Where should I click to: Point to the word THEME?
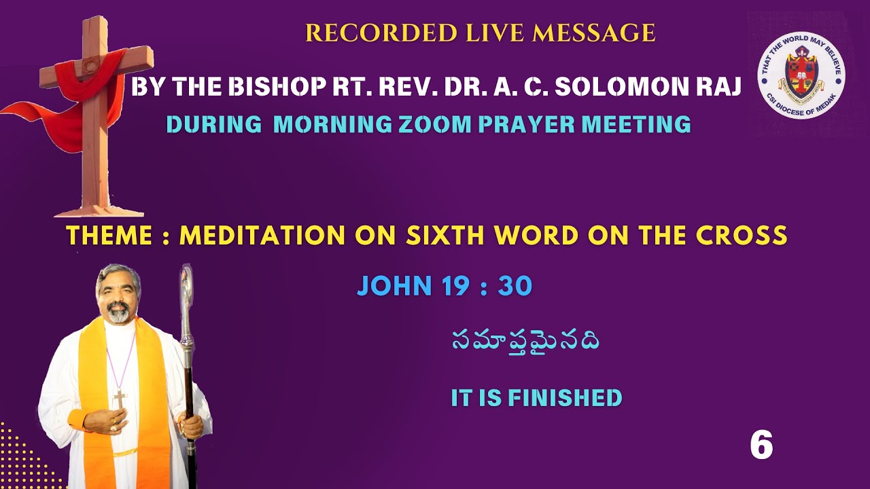point(109,236)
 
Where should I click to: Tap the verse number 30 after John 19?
point(515,287)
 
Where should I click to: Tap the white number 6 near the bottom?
point(761,446)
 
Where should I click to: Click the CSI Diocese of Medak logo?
point(801,75)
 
